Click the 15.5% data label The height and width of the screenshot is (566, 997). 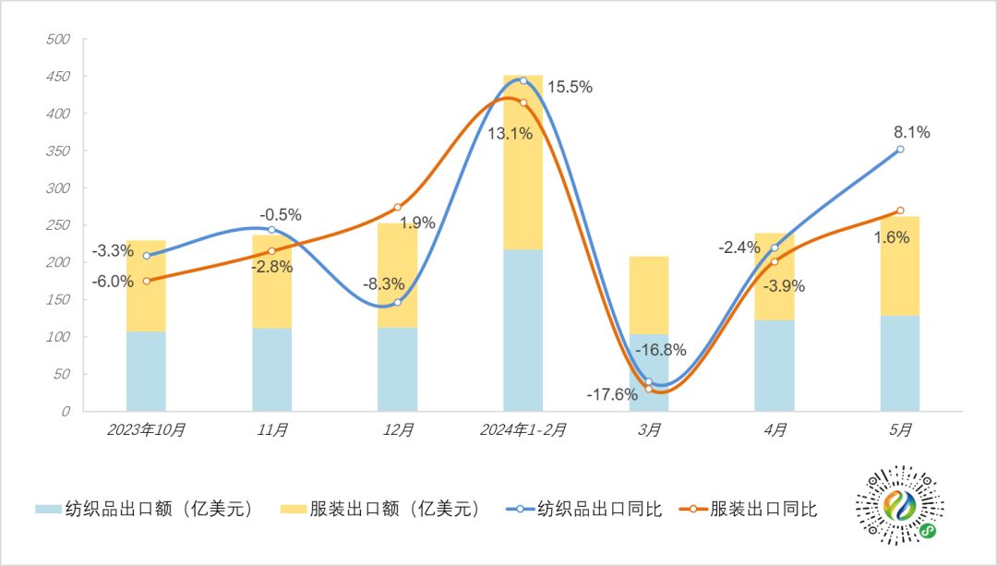click(570, 88)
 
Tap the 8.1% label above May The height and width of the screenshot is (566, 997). click(912, 132)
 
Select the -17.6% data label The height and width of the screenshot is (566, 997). click(612, 394)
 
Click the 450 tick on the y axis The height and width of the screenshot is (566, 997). click(58, 77)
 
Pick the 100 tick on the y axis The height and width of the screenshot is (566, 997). click(58, 337)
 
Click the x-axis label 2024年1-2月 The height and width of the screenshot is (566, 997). click(523, 429)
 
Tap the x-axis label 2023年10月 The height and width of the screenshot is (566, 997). click(146, 429)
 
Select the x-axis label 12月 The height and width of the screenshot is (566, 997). click(397, 429)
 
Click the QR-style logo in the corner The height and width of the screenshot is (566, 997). click(903, 509)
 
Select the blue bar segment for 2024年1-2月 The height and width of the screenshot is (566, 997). click(523, 330)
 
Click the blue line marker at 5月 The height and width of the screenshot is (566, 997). click(900, 149)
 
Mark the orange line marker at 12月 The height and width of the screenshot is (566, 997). click(397, 207)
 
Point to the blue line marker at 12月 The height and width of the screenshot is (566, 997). click(397, 302)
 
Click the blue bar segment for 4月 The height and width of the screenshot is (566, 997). click(774, 365)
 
